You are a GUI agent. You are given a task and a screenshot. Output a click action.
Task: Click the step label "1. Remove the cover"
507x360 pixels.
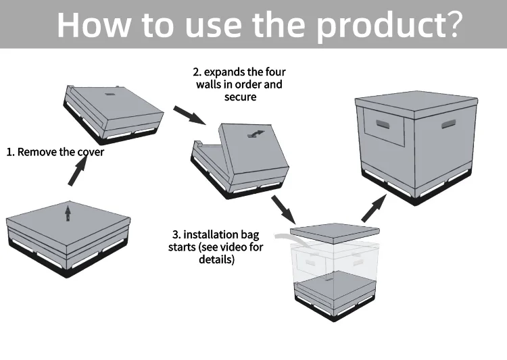point(55,152)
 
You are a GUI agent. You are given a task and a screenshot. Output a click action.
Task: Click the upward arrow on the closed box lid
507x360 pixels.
point(67,213)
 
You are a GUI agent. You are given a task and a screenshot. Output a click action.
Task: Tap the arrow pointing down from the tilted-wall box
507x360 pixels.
point(283,209)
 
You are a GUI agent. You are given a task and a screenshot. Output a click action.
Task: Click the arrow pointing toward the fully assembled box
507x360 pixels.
point(374,207)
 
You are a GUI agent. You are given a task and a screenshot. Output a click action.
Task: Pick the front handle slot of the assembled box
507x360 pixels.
point(385,124)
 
